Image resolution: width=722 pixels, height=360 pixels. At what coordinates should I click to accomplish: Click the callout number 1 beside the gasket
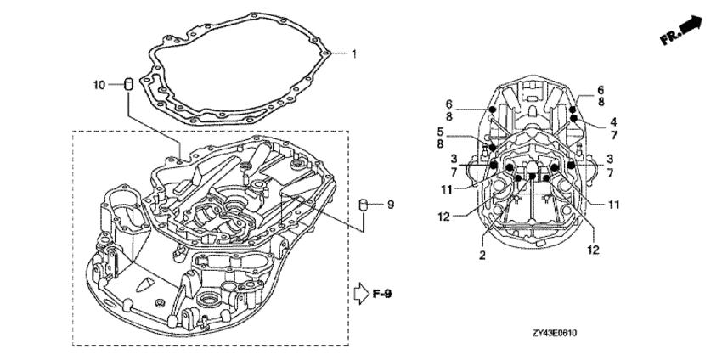353,54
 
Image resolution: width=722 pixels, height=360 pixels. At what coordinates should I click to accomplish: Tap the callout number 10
99,85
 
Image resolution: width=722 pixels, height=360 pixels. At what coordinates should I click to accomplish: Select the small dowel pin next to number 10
128,85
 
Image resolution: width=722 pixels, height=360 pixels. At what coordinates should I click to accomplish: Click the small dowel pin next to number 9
364,204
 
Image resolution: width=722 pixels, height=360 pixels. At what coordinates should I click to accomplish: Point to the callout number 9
391,204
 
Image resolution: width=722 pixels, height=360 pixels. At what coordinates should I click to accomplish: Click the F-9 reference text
382,294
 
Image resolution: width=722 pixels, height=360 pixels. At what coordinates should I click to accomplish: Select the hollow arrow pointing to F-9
362,294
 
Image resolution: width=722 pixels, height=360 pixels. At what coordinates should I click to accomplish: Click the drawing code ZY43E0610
555,332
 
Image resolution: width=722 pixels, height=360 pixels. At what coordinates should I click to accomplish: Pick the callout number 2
482,255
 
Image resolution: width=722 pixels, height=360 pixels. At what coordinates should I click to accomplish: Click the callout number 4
613,122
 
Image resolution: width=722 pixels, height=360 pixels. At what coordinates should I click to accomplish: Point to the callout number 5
440,131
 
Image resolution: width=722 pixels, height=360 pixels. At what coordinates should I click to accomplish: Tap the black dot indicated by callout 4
574,118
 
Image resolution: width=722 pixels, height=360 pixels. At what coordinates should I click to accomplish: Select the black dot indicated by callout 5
493,148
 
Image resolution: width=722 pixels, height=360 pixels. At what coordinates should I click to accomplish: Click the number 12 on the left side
443,216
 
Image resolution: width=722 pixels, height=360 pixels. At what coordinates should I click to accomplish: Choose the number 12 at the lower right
594,250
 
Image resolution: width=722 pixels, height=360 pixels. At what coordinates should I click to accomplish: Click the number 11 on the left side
447,188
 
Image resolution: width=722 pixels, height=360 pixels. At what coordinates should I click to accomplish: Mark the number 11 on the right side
613,204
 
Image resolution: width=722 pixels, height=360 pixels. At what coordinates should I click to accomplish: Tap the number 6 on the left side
449,104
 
